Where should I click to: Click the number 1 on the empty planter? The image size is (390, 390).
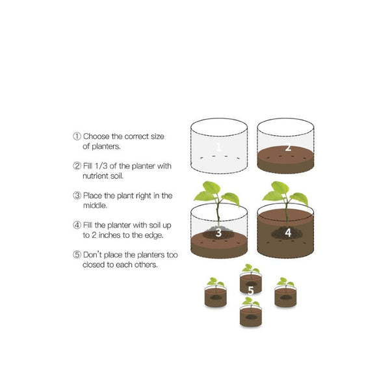coord(218,147)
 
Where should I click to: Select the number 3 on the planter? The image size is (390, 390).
coord(218,231)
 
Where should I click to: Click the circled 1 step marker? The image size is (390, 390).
coord(77,136)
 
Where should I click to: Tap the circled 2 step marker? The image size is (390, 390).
coord(77,166)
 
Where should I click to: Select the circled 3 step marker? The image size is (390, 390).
coord(77,195)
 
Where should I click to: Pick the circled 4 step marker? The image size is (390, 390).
coord(77,225)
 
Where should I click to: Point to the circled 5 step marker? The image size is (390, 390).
coord(77,254)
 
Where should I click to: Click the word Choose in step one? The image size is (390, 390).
coord(97,136)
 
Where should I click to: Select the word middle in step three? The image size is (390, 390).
coord(95,205)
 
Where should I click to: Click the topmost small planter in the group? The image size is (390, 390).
coord(251,282)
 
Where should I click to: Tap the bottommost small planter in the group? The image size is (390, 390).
coord(251,315)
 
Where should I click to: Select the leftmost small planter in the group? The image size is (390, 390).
coord(216,296)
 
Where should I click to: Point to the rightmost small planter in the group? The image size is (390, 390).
coord(285,296)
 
